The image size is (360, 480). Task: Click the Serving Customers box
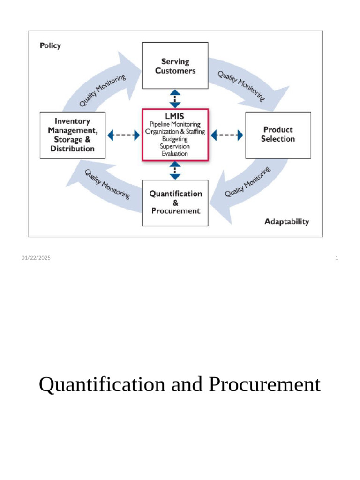[175, 66]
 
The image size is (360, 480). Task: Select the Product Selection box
[278, 135]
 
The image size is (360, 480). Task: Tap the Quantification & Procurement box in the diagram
[175, 202]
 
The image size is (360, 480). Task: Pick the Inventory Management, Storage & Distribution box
[72, 135]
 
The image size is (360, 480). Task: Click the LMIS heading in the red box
[175, 116]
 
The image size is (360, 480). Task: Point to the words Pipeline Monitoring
[175, 124]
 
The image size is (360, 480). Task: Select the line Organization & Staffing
[175, 132]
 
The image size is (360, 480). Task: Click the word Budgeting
[175, 139]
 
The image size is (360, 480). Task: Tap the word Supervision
[175, 146]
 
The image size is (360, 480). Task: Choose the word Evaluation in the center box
[175, 154]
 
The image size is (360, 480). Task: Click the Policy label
[50, 46]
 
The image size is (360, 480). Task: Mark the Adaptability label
[286, 222]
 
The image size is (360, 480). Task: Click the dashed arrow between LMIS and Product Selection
[227, 135]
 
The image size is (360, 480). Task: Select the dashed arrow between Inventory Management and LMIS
[124, 135]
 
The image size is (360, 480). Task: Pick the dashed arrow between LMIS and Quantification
[175, 171]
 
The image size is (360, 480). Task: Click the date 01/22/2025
[36, 258]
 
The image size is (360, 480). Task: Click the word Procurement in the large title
[265, 385]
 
